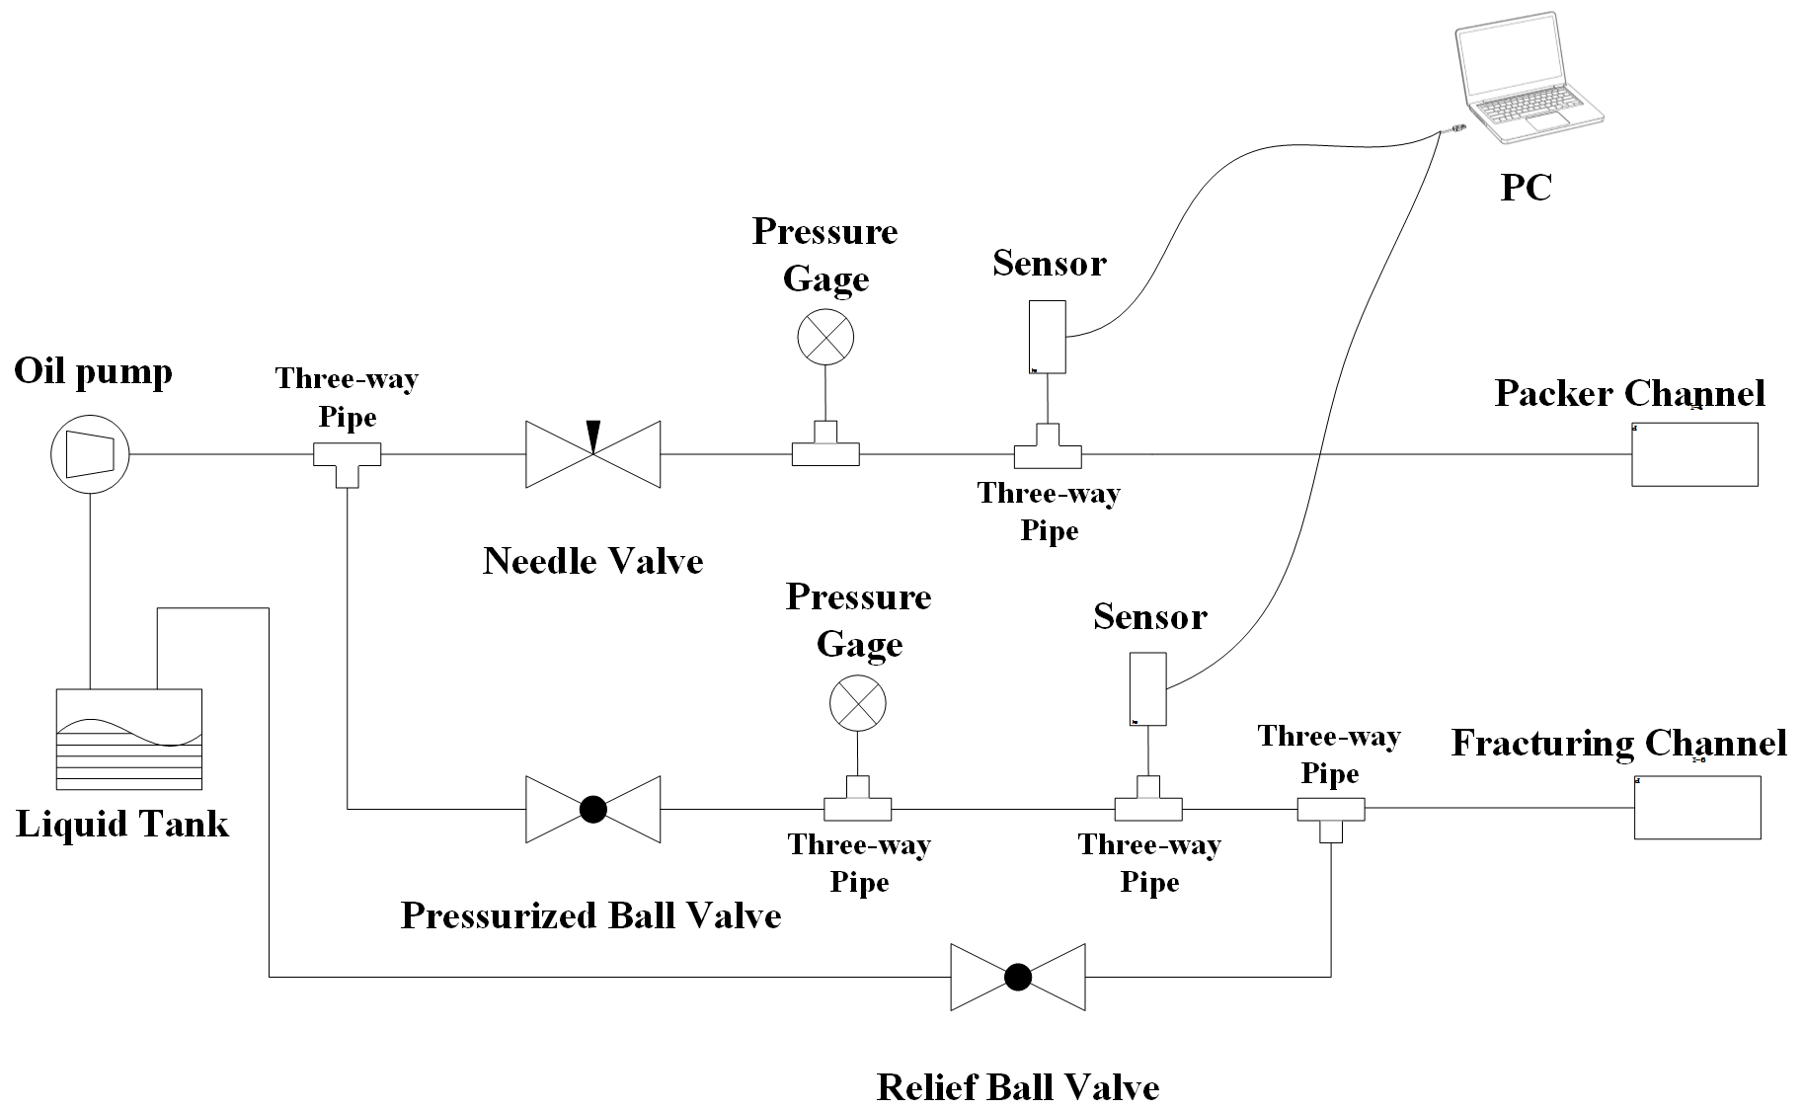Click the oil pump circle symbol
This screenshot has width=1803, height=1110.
90,454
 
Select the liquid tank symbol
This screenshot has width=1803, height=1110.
129,738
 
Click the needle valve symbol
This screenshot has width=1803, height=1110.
592,454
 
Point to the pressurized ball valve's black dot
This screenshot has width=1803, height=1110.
592,809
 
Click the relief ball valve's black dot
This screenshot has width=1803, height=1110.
1018,977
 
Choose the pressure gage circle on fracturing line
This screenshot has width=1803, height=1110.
857,703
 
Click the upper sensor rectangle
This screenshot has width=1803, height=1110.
1048,337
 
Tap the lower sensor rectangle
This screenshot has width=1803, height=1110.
1147,688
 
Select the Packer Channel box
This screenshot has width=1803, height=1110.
1694,454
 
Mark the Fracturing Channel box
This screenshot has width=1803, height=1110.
1697,808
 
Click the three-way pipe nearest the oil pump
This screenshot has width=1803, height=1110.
347,458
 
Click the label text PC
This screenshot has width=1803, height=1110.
1526,188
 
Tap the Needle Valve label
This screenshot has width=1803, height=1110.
592,561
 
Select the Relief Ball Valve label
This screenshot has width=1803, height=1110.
1018,1087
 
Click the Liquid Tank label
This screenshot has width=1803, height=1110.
122,824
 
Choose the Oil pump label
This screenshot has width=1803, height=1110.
93,371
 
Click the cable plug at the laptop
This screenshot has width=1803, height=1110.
1456,128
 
